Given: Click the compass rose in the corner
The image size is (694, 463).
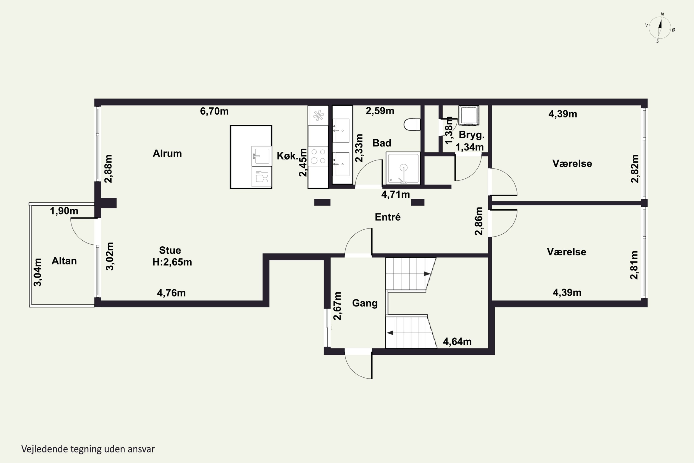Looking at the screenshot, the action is pyautogui.click(x=660, y=28).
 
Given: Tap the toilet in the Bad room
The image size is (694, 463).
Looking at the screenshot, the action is pyautogui.click(x=412, y=124).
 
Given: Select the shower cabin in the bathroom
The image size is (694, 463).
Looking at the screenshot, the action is pyautogui.click(x=403, y=168).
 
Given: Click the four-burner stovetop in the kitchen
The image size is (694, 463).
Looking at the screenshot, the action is pyautogui.click(x=318, y=156).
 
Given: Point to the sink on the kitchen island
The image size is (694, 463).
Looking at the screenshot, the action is pyautogui.click(x=261, y=156).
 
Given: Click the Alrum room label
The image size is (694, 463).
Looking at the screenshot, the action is pyautogui.click(x=167, y=153).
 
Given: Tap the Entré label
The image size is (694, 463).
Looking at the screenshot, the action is pyautogui.click(x=388, y=217).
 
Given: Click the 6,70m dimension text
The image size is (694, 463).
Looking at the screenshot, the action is pyautogui.click(x=214, y=111).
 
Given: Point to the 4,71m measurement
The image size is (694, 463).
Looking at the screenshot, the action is pyautogui.click(x=395, y=195).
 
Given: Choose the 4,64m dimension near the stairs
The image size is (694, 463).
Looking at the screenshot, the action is pyautogui.click(x=457, y=342).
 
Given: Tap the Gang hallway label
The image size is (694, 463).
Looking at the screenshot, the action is pyautogui.click(x=365, y=303).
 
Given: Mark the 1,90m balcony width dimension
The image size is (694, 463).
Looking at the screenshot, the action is pyautogui.click(x=64, y=211).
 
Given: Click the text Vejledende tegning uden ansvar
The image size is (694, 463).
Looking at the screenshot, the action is pyautogui.click(x=88, y=449).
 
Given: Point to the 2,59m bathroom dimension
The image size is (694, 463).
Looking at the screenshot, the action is pyautogui.click(x=380, y=111).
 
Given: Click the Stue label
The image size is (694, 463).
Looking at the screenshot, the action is pyautogui.click(x=170, y=250).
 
